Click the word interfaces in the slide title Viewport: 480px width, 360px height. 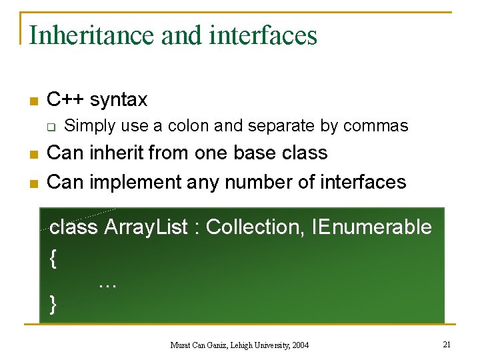tap(263, 35)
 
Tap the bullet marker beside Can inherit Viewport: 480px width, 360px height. tap(31, 155)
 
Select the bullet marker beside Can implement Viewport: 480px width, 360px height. tap(31, 183)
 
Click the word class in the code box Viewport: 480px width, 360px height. tap(73, 227)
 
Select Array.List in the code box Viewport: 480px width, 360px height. tap(146, 227)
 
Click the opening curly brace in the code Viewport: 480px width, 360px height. tap(53, 259)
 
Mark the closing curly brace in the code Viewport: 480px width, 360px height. tap(53, 304)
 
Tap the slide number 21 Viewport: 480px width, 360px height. tap(447, 344)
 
